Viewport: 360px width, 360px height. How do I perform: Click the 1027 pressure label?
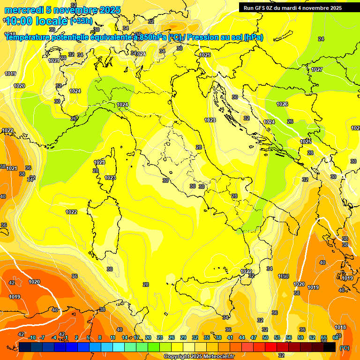[317, 69]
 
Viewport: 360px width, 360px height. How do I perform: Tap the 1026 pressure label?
[282, 104]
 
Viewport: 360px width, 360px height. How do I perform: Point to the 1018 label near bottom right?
[340, 327]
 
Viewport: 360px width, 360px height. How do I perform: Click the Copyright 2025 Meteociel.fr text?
[199, 356]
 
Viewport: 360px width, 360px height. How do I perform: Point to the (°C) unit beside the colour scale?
[344, 348]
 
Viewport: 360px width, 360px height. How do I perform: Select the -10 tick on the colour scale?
[31, 337]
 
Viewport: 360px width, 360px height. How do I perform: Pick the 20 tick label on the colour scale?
[148, 337]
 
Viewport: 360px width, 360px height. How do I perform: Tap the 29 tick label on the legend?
[183, 337]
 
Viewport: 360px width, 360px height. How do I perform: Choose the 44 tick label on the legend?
[242, 337]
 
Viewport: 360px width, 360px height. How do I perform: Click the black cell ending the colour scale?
[330, 347]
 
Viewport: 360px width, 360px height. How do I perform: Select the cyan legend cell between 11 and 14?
[119, 347]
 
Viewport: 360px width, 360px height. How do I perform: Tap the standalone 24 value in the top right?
[321, 39]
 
